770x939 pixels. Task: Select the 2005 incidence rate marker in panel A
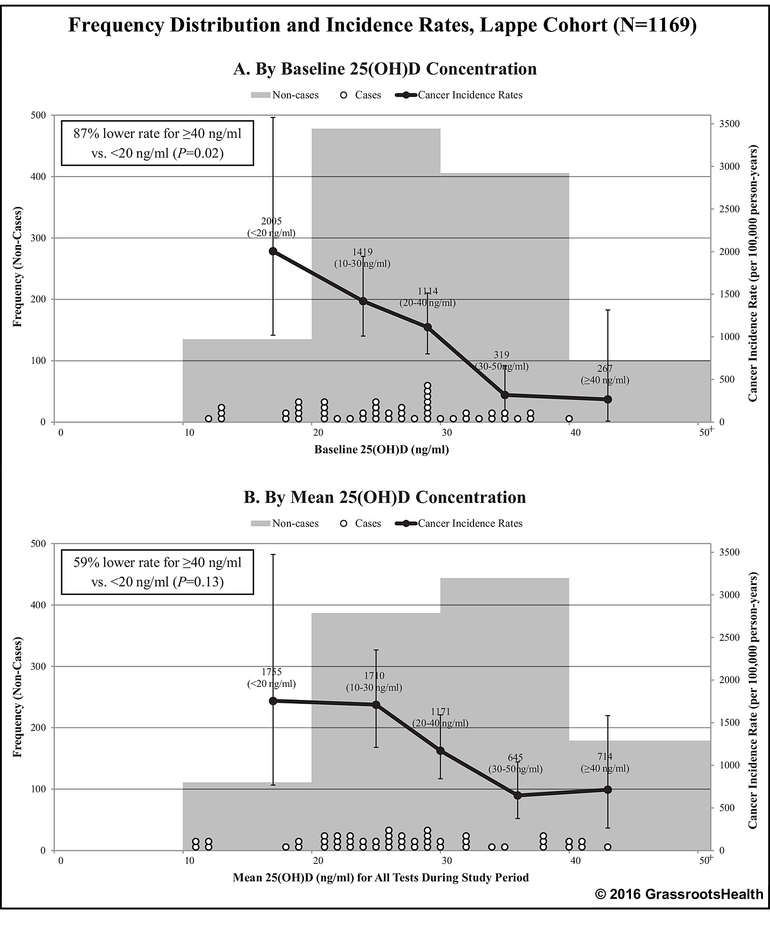[273, 251]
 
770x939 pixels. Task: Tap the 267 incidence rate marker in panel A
[607, 399]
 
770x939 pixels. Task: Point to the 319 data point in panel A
[505, 395]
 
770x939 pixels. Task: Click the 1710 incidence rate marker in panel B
[376, 705]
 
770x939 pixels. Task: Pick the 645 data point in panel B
[517, 795]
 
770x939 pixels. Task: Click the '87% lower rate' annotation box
[157, 143]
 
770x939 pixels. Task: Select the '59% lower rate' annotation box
[157, 571]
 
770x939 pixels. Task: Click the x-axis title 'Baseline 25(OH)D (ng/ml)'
[381, 450]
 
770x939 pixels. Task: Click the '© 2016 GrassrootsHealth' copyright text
[679, 894]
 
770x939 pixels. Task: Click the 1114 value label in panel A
[428, 292]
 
